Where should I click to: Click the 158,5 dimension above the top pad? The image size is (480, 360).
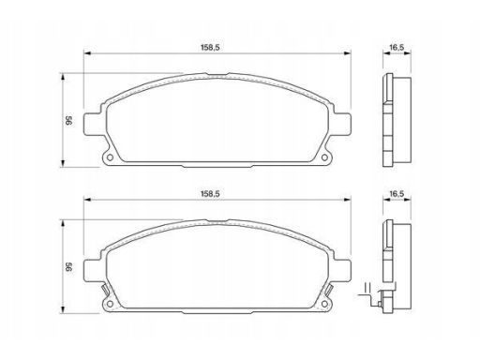point(210,48)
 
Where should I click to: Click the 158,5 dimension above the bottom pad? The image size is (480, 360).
point(210,194)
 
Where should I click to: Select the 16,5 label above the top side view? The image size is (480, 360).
point(397,48)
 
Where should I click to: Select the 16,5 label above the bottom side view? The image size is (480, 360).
point(397,194)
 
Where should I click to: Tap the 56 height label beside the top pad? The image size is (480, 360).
point(68,121)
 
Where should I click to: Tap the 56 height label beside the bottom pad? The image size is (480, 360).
point(68,267)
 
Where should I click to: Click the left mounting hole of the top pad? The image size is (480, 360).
point(110,157)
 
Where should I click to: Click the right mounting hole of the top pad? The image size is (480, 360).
point(324,157)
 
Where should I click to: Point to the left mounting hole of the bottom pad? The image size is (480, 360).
point(110,304)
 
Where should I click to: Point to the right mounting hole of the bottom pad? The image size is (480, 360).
point(324,304)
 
